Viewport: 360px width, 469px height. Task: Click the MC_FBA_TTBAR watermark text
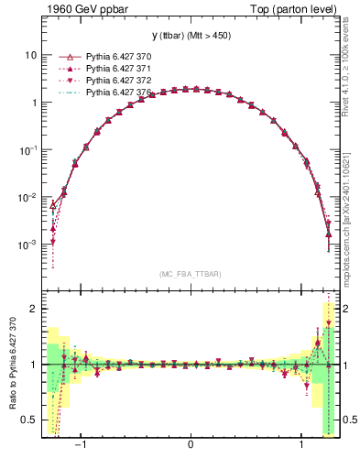[x=190, y=274]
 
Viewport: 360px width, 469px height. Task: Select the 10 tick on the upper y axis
[x=29, y=55]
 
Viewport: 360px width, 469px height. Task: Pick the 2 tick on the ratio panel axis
[x=33, y=309]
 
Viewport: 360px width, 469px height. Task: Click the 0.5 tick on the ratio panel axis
[x=29, y=420]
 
